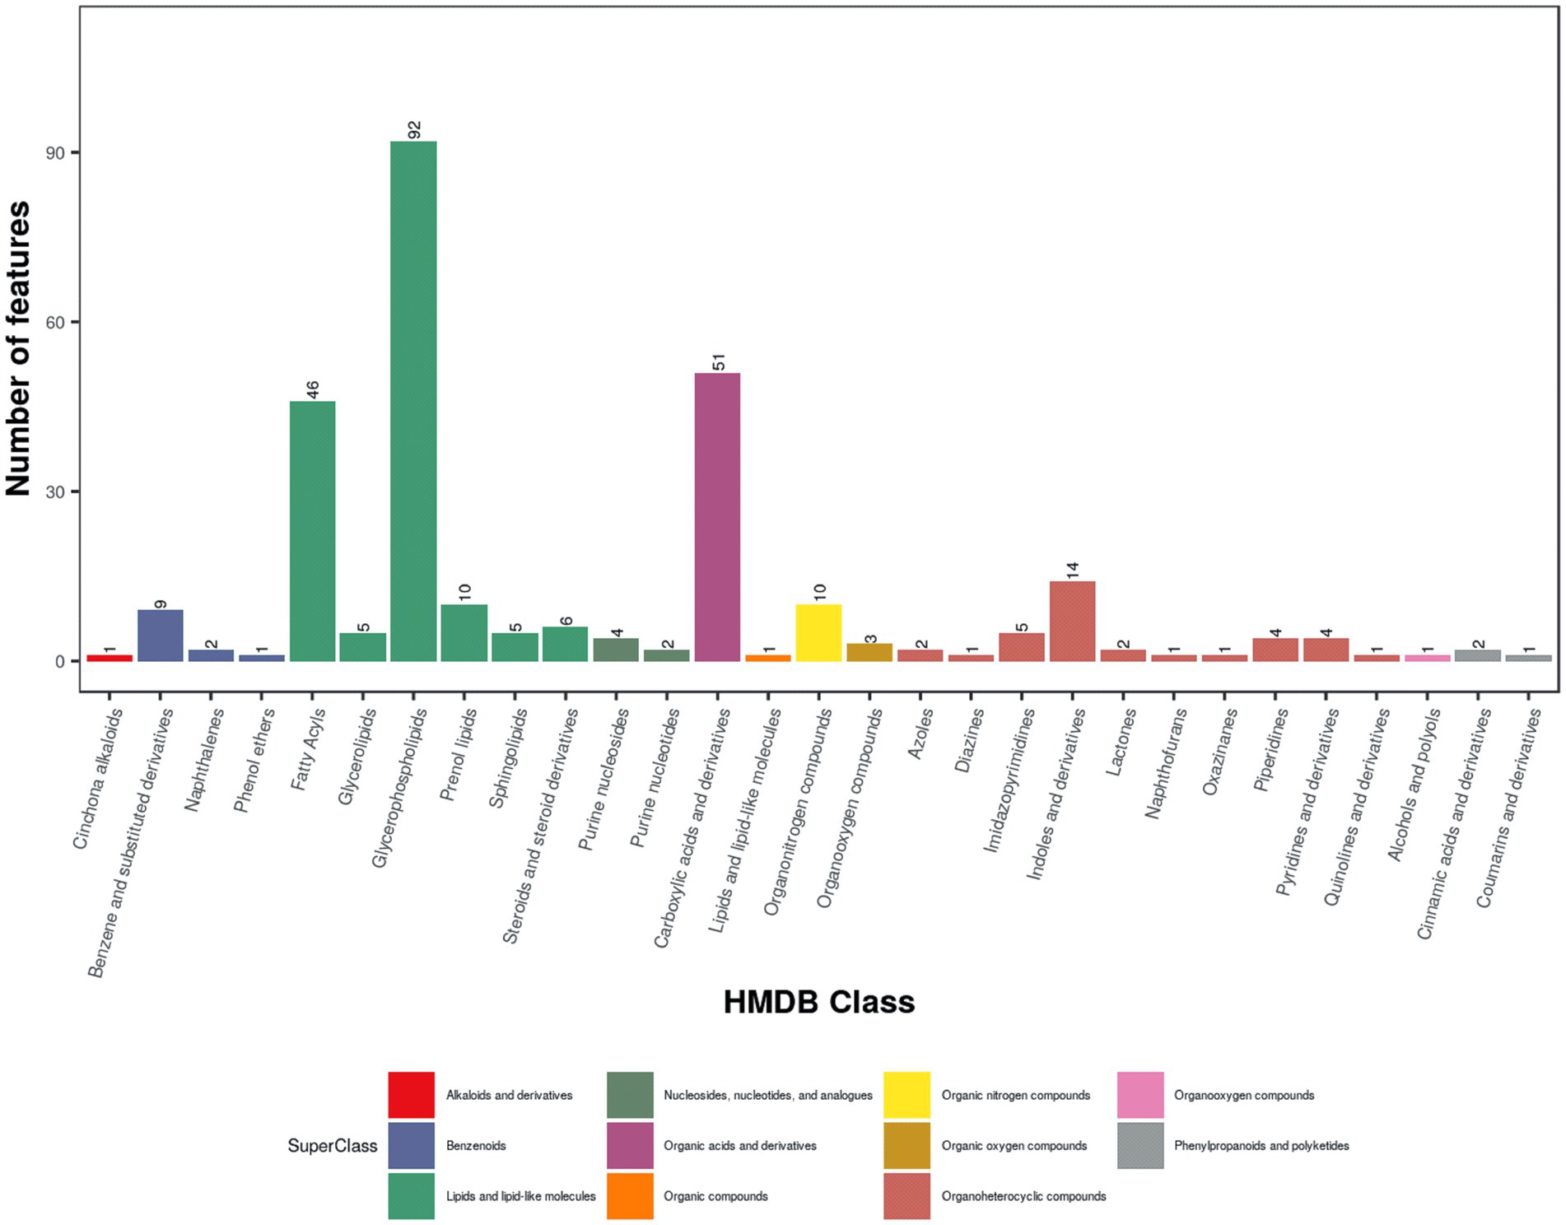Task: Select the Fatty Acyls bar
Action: tap(312, 531)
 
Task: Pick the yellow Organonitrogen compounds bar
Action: tap(818, 633)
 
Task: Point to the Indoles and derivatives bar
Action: tap(1072, 622)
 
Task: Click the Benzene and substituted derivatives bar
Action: tap(160, 636)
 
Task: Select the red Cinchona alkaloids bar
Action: tap(110, 658)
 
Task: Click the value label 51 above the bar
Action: tap(719, 362)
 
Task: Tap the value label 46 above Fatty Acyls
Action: tap(313, 390)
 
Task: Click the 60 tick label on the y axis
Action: tap(56, 323)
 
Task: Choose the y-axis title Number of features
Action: tap(18, 349)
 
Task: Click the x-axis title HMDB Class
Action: tap(818, 1002)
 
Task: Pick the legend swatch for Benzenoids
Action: tap(411, 1145)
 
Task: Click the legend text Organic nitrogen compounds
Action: tap(1015, 1095)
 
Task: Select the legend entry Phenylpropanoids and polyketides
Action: tap(1261, 1145)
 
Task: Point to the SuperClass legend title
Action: tap(332, 1145)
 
